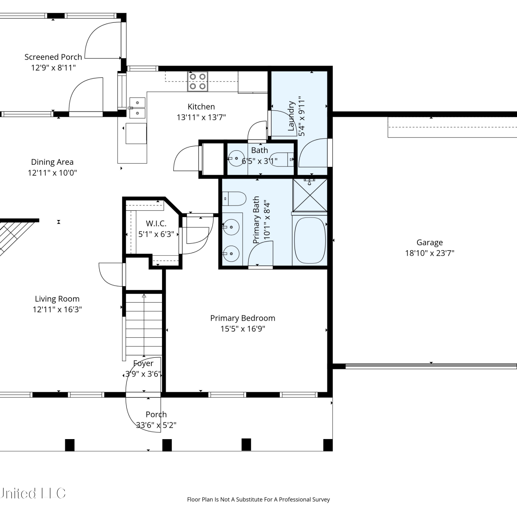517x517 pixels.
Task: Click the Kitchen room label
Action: point(201,107)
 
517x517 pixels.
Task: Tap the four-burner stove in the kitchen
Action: point(197,81)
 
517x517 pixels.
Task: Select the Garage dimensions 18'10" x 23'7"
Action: point(429,253)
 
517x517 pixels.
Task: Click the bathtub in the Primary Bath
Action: point(310,240)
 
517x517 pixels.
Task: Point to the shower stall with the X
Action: point(310,195)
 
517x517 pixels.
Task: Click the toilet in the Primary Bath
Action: point(234,199)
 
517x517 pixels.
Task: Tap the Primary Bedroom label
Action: point(243,318)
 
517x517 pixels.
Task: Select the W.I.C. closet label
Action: point(156,223)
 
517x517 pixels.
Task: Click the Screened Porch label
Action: point(53,57)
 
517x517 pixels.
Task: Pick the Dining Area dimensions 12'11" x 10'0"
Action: point(52,173)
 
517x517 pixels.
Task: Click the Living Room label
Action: point(57,299)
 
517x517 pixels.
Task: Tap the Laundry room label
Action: point(291,116)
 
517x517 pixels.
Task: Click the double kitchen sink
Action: point(137,108)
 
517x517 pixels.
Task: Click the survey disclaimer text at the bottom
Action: point(258,499)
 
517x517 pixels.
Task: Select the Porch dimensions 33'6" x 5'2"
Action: point(156,425)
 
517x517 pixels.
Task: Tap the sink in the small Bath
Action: point(236,159)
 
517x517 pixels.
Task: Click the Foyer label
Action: point(143,363)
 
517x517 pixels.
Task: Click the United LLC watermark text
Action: point(33,494)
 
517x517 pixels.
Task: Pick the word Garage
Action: point(429,243)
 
